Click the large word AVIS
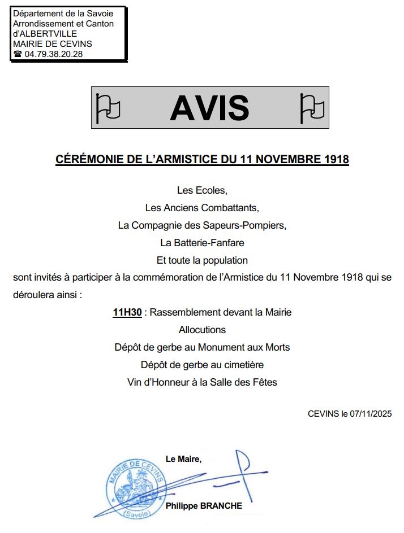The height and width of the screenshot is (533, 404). point(209,107)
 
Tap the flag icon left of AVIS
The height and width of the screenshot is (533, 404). point(108,107)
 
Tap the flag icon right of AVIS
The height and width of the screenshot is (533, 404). point(311,107)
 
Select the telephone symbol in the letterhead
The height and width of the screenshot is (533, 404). point(18,54)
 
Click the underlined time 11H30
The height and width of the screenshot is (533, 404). point(127,312)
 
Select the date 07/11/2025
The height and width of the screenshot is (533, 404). point(371,413)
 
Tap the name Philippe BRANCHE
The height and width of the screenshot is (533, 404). point(204,506)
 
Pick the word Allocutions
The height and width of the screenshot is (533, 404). point(202,330)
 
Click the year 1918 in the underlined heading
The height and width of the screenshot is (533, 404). point(336,160)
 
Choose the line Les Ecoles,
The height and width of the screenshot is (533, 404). point(202,190)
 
